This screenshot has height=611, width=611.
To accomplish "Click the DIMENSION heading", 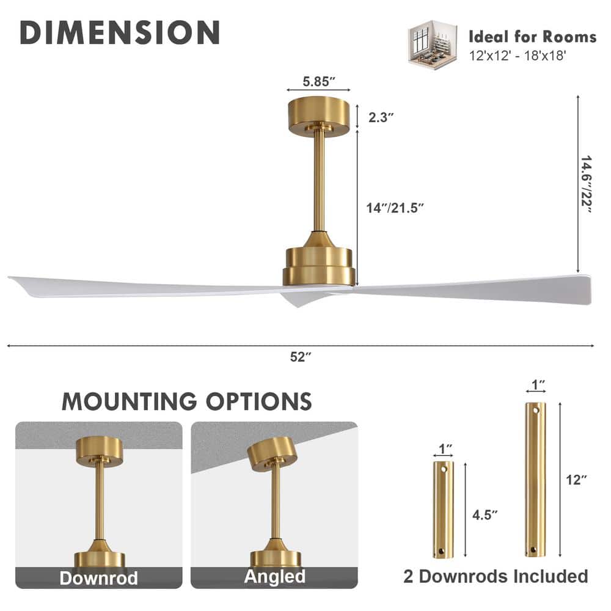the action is click(x=120, y=32).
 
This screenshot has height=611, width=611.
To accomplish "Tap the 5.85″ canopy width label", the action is click(x=319, y=81).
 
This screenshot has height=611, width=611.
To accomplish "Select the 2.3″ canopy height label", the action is click(x=381, y=117).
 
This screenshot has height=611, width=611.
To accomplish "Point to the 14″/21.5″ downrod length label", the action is click(x=394, y=208).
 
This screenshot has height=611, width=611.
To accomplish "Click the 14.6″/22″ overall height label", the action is click(x=586, y=184).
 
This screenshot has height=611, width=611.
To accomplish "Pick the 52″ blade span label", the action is click(x=301, y=357).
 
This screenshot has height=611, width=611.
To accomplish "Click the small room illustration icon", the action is click(x=432, y=45).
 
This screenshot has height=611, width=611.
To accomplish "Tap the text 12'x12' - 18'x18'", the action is click(x=517, y=56).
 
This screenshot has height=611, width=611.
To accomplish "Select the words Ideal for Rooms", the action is click(x=532, y=37).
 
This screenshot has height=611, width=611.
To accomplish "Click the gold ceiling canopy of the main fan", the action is click(x=319, y=115).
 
